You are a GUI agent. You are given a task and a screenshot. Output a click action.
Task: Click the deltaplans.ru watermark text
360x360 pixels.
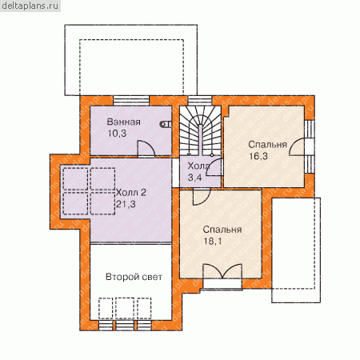pos(30,6)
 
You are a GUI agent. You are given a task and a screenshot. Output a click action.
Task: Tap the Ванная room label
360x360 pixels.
pos(123,122)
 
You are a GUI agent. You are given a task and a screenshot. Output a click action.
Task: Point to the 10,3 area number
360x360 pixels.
pos(117,134)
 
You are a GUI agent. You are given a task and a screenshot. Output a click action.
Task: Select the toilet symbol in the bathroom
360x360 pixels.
pos(166,124)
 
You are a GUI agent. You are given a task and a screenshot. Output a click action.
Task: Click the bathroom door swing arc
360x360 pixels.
pos(150,145)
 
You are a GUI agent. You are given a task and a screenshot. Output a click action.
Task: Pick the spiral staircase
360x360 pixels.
pos(200,130)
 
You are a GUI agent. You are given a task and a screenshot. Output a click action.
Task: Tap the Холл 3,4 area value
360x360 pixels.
pos(194,178)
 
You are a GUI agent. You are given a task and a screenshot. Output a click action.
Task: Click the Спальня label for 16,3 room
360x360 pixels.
pos(267,145)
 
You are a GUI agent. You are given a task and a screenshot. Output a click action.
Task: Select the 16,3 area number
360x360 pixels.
pos(258,156)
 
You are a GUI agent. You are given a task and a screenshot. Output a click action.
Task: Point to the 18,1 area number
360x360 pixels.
pos(213,242)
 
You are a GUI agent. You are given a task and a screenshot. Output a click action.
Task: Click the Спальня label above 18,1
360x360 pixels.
pos(222,230)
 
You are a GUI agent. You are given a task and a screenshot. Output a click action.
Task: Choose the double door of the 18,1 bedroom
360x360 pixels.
pos(222,271)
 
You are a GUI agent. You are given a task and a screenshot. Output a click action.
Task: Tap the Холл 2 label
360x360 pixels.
pos(131,192)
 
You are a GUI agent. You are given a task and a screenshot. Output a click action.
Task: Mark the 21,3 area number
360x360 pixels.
pos(126,204)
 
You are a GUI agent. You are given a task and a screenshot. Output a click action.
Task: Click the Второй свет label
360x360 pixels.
pos(134,277)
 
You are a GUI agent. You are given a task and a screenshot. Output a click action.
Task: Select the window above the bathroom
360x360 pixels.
pos(131,101)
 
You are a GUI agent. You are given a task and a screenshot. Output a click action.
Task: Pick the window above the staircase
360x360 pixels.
pos(200,101)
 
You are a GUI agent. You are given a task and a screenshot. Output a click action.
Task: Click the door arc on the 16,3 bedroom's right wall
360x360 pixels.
pos(297,146)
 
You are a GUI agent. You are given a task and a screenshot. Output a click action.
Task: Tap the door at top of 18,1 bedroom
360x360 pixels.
pos(202,197)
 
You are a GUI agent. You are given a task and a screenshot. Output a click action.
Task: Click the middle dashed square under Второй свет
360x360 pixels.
pos(125,308)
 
